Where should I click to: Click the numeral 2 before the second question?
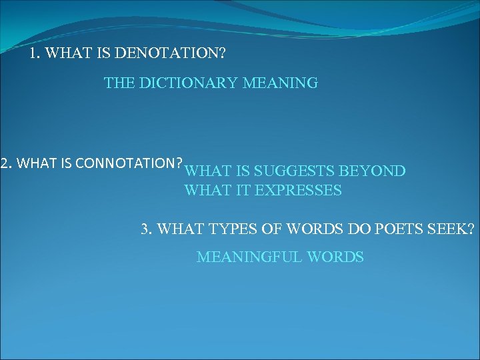(5, 163)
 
